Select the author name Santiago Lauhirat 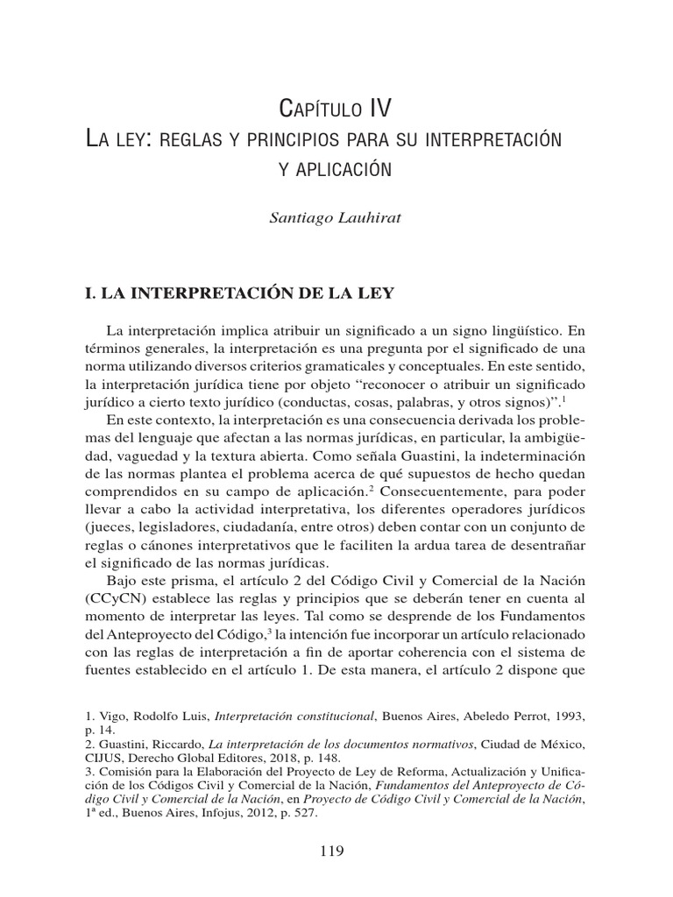pos(336,217)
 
